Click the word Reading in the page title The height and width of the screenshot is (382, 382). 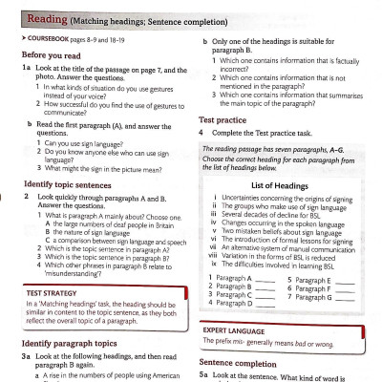45,17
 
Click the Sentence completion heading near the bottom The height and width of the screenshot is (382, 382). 249,364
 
